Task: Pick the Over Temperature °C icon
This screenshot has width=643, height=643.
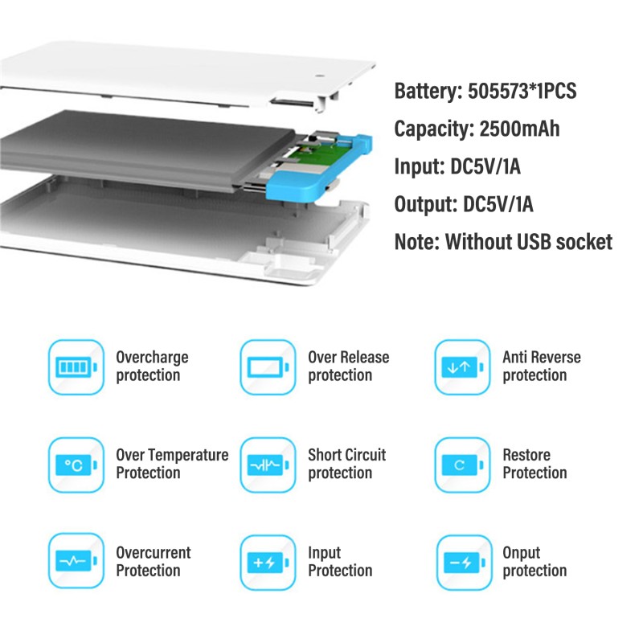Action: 76,465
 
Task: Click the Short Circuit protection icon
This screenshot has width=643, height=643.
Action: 268,465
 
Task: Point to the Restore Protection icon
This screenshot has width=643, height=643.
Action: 462,465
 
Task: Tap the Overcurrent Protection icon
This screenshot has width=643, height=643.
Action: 76,562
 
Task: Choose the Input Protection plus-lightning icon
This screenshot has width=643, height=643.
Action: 268,562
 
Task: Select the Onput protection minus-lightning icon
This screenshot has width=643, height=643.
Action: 462,562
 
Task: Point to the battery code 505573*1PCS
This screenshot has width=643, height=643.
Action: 522,91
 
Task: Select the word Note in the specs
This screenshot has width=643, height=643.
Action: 414,242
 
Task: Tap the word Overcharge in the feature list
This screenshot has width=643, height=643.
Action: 152,357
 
